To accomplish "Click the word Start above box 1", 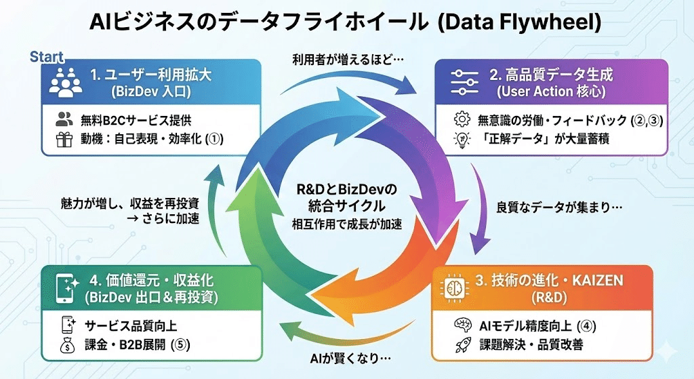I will (x=47, y=57).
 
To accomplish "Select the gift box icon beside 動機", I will (x=65, y=141).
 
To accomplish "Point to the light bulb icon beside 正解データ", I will (x=462, y=140).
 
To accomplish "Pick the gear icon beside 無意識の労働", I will (x=462, y=120).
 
